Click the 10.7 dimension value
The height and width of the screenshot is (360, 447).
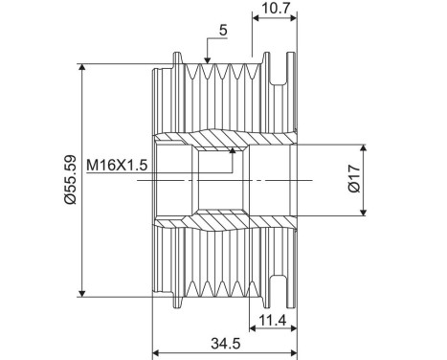[276, 9]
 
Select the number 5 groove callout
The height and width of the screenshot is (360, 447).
[222, 31]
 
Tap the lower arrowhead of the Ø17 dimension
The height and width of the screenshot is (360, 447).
[364, 213]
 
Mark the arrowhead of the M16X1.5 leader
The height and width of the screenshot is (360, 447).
[233, 150]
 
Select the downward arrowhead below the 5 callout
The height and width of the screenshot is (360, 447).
[207, 60]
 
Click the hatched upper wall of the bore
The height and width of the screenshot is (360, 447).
[220, 137]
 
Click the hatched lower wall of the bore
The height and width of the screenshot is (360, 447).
[220, 224]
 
